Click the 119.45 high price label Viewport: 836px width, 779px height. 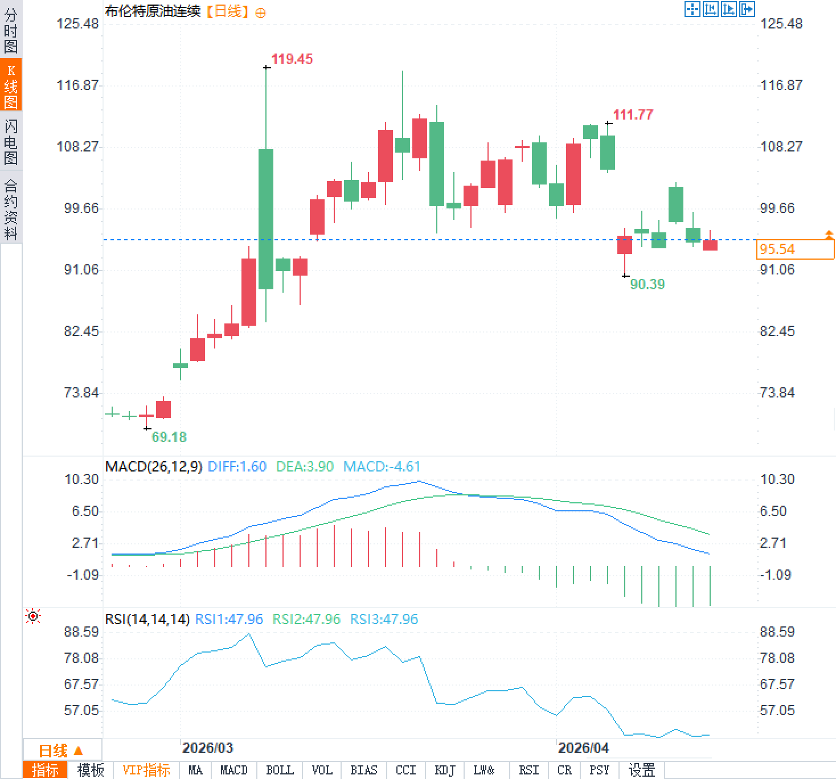point(292,59)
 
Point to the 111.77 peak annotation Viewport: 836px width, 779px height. point(633,114)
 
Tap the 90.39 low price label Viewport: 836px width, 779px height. point(647,284)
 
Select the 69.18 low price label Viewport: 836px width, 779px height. point(169,437)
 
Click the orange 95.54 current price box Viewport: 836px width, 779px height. point(795,249)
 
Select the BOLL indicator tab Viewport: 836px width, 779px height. point(280,770)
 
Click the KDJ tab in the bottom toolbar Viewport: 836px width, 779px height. point(445,770)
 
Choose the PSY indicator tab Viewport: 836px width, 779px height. point(599,770)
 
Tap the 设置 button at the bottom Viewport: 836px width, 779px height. point(641,770)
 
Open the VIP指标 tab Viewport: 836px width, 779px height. point(146,770)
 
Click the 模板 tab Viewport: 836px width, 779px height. point(91,770)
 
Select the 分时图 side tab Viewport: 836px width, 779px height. point(11,31)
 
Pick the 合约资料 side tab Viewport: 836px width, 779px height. point(11,209)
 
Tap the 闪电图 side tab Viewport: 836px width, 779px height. point(11,142)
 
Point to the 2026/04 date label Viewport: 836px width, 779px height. point(583,748)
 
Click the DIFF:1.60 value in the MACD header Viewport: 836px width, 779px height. point(237,467)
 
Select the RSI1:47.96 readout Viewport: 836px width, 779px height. point(229,619)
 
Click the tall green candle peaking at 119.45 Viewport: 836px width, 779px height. point(266,219)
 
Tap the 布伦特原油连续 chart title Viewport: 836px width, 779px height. point(153,11)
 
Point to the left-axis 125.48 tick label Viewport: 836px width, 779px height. point(77,24)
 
